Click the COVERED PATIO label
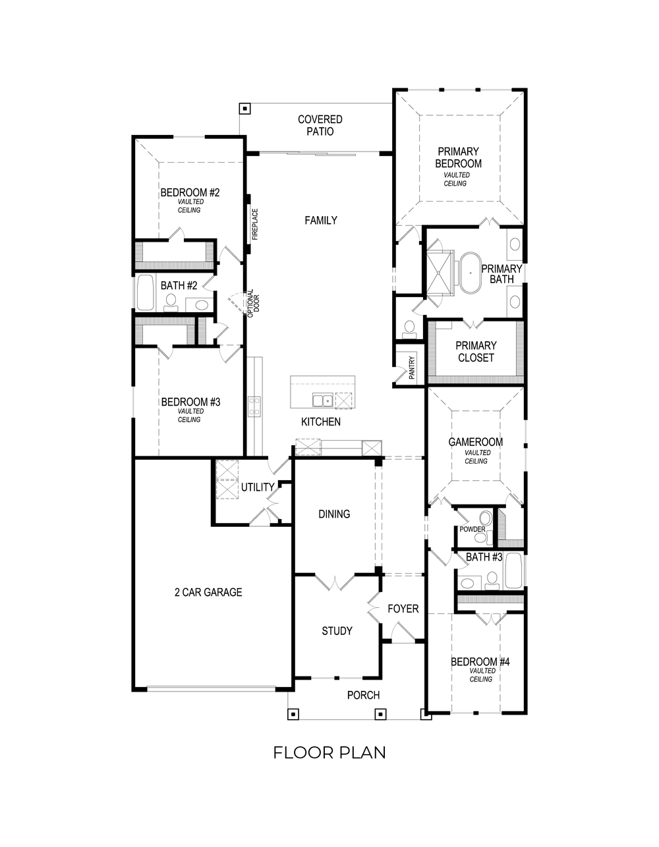(x=320, y=125)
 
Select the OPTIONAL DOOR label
(x=253, y=304)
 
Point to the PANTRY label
(x=412, y=368)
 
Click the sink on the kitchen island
(x=322, y=400)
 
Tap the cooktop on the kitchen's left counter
(x=254, y=405)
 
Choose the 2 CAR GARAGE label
(x=208, y=592)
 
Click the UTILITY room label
(x=257, y=487)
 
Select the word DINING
(x=334, y=514)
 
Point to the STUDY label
(x=337, y=631)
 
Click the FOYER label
(x=403, y=609)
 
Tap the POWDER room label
(x=472, y=530)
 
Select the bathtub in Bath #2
(x=145, y=292)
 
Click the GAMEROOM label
(x=476, y=442)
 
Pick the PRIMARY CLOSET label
(x=476, y=352)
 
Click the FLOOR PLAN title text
(x=329, y=752)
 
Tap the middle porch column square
(x=380, y=714)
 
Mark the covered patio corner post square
(x=244, y=108)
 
